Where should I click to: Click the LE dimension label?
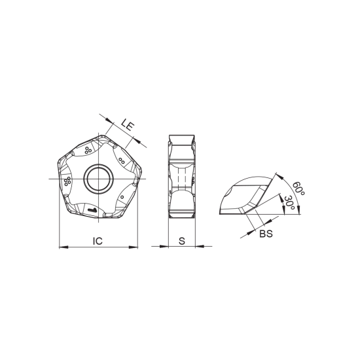point(128,125)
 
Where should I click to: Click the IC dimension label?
point(98,241)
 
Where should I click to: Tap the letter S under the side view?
point(182,241)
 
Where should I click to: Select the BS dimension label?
point(266,234)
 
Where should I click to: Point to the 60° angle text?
point(298,189)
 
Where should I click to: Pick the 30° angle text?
point(289,202)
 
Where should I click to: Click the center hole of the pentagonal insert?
point(98,179)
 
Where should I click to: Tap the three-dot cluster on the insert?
point(88,151)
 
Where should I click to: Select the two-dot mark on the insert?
point(122,160)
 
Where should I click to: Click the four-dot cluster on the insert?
point(67,181)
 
